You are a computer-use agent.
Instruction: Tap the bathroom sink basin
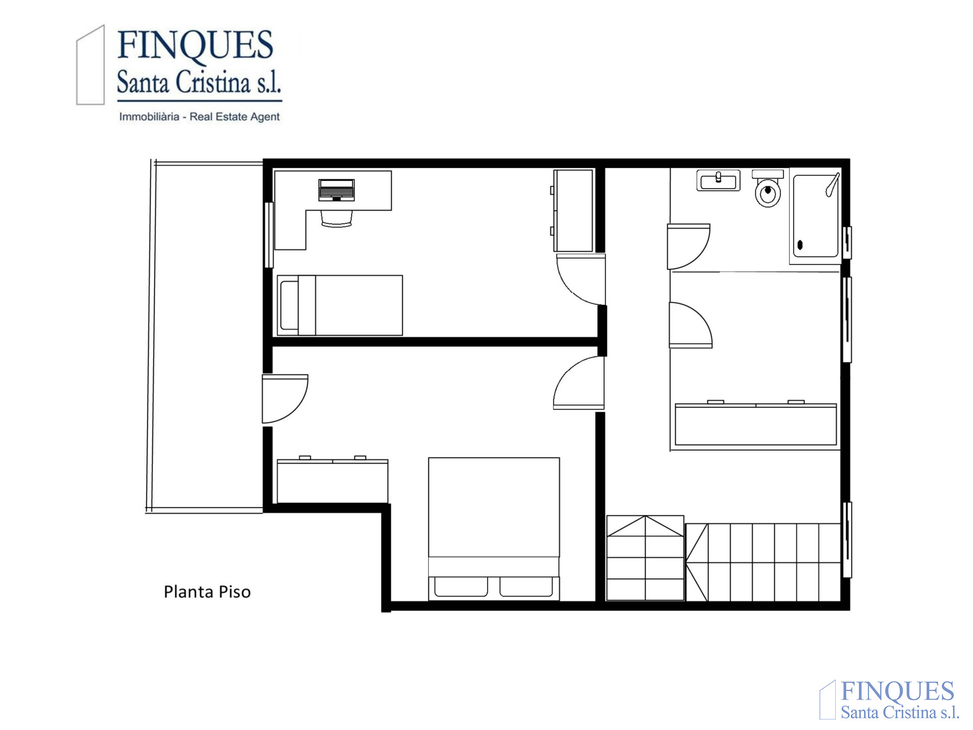coord(718,181)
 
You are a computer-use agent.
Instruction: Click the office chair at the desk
coord(336,218)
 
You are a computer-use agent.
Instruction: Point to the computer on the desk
coord(336,190)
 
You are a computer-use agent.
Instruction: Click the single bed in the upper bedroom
coord(340,305)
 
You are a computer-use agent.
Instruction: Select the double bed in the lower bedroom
coord(494,529)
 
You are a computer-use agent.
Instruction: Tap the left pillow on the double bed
coord(461,587)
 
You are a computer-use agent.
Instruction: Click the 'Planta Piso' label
coord(207,592)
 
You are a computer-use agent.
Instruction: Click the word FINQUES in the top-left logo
coord(195,45)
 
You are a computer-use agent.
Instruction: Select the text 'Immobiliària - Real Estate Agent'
coord(199,117)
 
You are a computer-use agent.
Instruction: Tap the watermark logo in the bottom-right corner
coord(890,700)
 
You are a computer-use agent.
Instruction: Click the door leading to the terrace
coord(285,399)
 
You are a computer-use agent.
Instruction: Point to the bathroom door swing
coord(689,246)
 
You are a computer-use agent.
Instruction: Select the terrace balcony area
coord(205,336)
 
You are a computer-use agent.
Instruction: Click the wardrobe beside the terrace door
coord(332,481)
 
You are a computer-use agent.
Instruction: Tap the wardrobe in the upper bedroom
coord(573,211)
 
